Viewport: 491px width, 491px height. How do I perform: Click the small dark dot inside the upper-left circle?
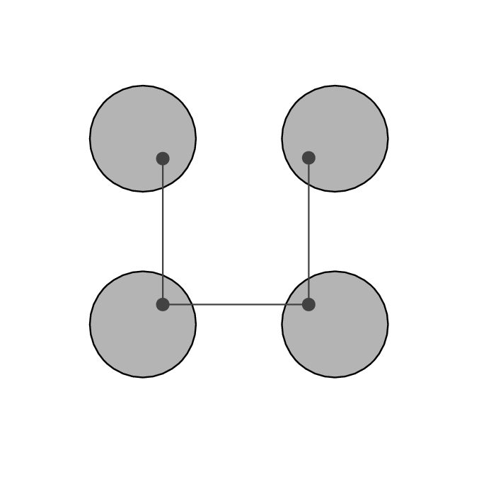coord(163,158)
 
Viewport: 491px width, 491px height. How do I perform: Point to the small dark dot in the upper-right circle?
coord(308,158)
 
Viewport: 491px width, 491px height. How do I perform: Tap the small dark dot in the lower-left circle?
coord(163,304)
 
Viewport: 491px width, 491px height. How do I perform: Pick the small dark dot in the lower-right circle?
coord(308,304)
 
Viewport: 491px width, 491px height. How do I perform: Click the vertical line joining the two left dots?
coord(163,231)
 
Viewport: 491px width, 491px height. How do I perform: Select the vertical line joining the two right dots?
coord(308,231)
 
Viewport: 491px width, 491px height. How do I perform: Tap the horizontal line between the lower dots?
coord(236,304)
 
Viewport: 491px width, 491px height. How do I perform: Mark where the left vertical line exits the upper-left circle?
coord(163,187)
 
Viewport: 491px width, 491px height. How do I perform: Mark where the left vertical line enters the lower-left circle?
coord(163,275)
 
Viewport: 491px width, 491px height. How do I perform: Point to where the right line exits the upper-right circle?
coord(308,185)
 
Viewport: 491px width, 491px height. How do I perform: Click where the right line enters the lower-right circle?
coord(308,278)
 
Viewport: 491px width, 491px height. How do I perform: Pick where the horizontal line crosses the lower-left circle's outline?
coord(192,304)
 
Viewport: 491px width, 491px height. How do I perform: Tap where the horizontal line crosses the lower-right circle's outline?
coord(286,304)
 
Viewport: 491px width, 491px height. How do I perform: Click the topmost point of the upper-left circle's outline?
coord(143,86)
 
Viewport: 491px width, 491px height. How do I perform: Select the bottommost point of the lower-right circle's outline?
coord(335,377)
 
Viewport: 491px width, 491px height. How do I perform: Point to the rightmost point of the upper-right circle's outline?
coord(388,139)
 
